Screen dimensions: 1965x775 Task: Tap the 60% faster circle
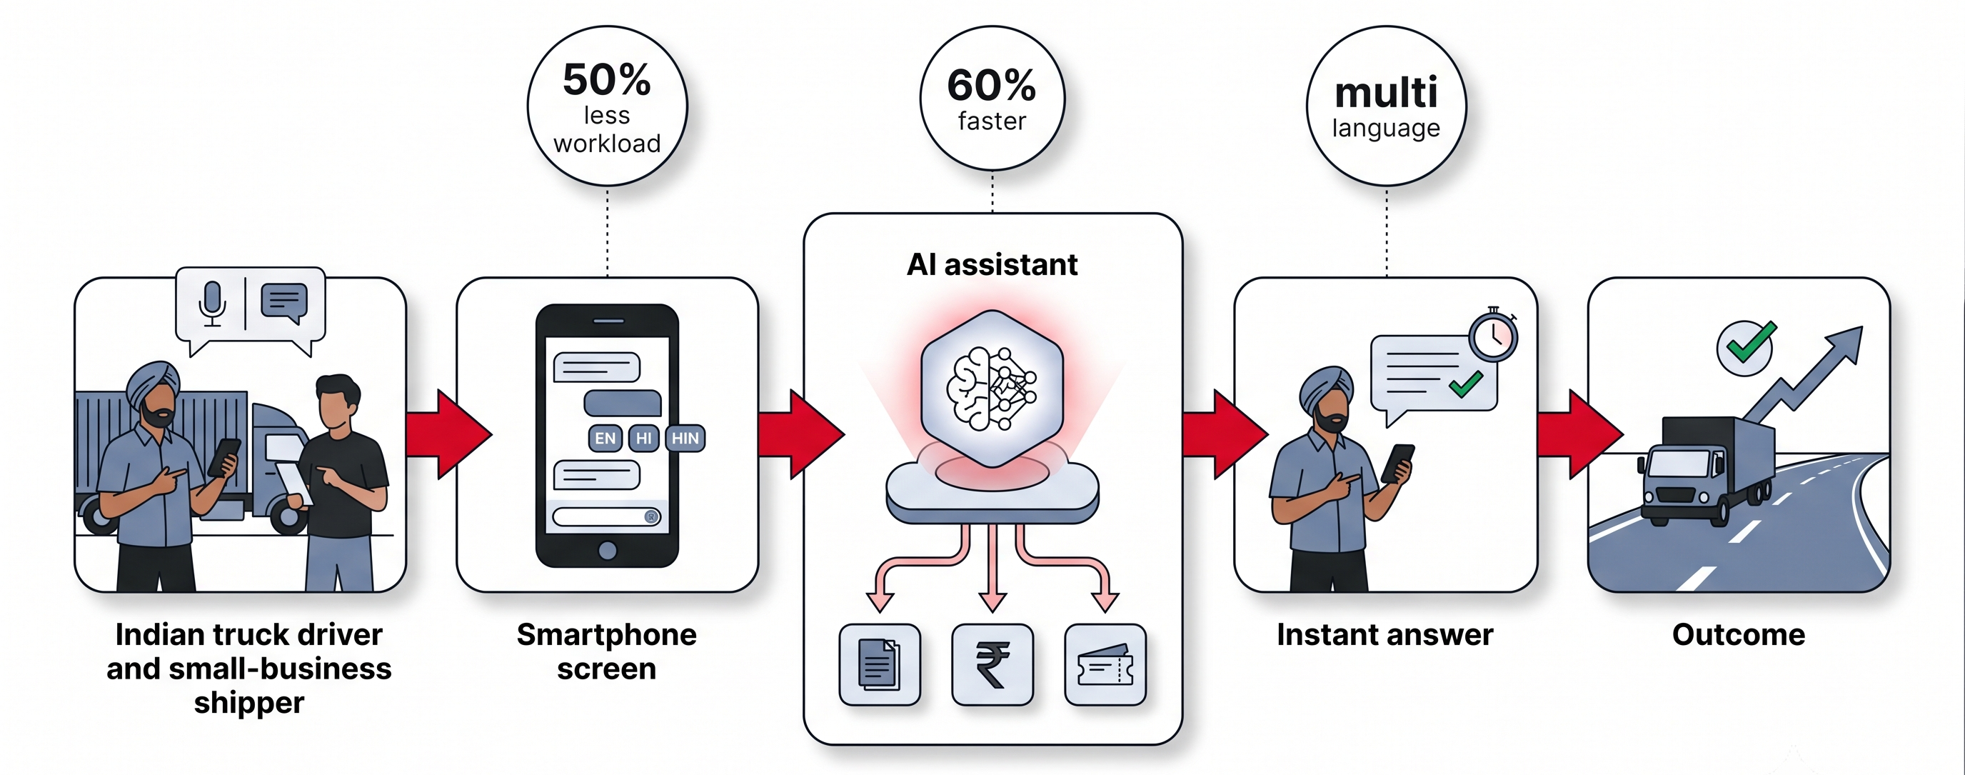(x=992, y=99)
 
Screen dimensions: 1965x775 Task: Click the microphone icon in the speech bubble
(x=212, y=304)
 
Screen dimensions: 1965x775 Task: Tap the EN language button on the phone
(x=605, y=438)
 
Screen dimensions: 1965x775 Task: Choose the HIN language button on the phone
(x=685, y=438)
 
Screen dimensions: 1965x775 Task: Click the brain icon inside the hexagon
(x=992, y=389)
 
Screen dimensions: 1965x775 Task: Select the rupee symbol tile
(x=992, y=664)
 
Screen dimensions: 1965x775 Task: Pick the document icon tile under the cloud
(x=880, y=664)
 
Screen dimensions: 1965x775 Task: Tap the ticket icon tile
(x=1105, y=664)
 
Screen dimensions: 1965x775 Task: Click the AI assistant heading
(x=992, y=265)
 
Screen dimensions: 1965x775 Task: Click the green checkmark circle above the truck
(x=1746, y=347)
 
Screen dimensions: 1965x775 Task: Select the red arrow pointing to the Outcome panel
(x=1579, y=435)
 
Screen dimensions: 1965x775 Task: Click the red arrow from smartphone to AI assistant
(x=801, y=435)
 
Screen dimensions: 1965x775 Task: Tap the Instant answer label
(x=1385, y=635)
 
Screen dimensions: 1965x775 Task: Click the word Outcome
(x=1739, y=635)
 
